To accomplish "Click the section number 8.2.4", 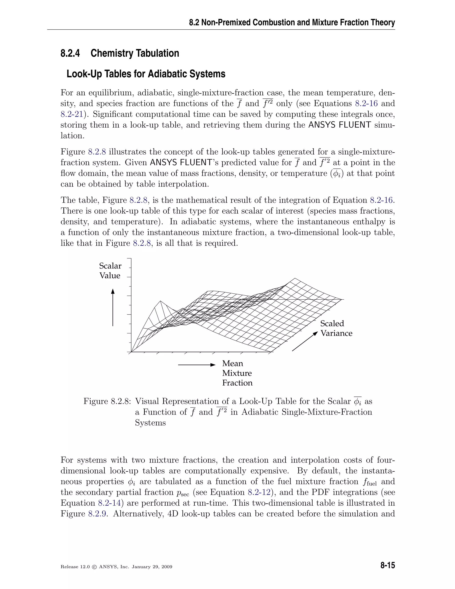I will point(70,53).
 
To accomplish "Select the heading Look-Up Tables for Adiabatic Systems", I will point(146,74).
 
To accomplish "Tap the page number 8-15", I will point(387,565).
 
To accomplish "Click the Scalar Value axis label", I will point(110,270).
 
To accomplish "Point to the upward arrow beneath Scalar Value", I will point(113,307).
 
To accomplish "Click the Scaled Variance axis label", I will point(336,328).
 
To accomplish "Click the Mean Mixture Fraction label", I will point(237,373).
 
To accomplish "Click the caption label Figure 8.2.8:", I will point(107,401).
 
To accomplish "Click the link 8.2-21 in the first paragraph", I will point(72,114).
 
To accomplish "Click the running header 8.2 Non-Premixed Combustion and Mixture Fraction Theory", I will point(292,22).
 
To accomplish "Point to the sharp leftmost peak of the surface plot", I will point(161,301).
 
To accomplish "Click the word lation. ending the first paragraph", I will point(72,136).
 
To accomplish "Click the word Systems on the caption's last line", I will point(150,423).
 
